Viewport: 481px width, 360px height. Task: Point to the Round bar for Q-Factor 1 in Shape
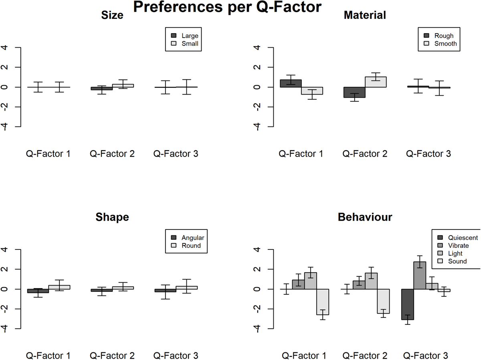coord(59,287)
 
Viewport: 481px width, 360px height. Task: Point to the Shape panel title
coord(112,217)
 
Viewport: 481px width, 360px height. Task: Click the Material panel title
coord(364,15)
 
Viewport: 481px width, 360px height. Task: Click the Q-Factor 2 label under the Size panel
coord(112,154)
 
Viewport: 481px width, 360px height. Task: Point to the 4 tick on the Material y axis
coord(258,48)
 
